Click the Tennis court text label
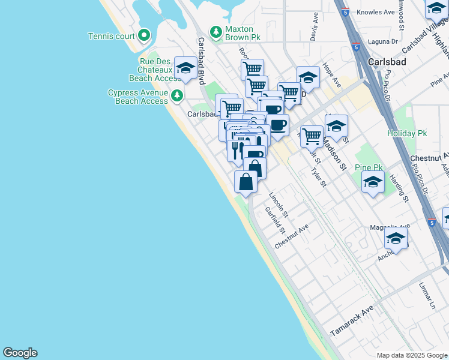tap(111, 36)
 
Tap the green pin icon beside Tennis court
tap(143, 36)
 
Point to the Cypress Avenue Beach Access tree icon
tap(176, 95)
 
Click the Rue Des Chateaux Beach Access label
tap(155, 70)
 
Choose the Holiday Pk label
tap(406, 133)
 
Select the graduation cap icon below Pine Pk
tap(373, 182)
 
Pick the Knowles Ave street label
tap(375, 11)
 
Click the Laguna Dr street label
tap(386, 41)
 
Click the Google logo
tap(20, 353)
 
